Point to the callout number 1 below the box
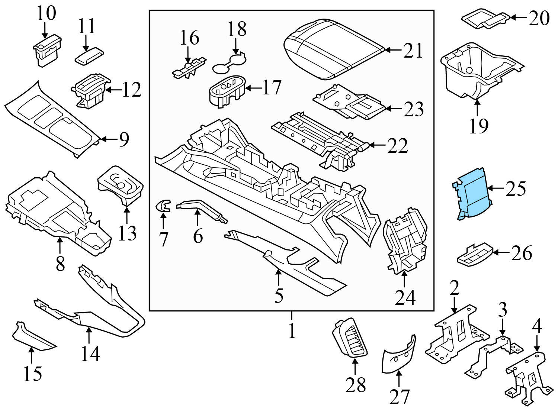pyautogui.click(x=292, y=330)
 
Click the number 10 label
pyautogui.click(x=46, y=13)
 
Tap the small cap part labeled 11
pyautogui.click(x=90, y=57)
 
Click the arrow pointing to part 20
pyautogui.click(x=519, y=17)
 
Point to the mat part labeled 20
pyautogui.click(x=484, y=19)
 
